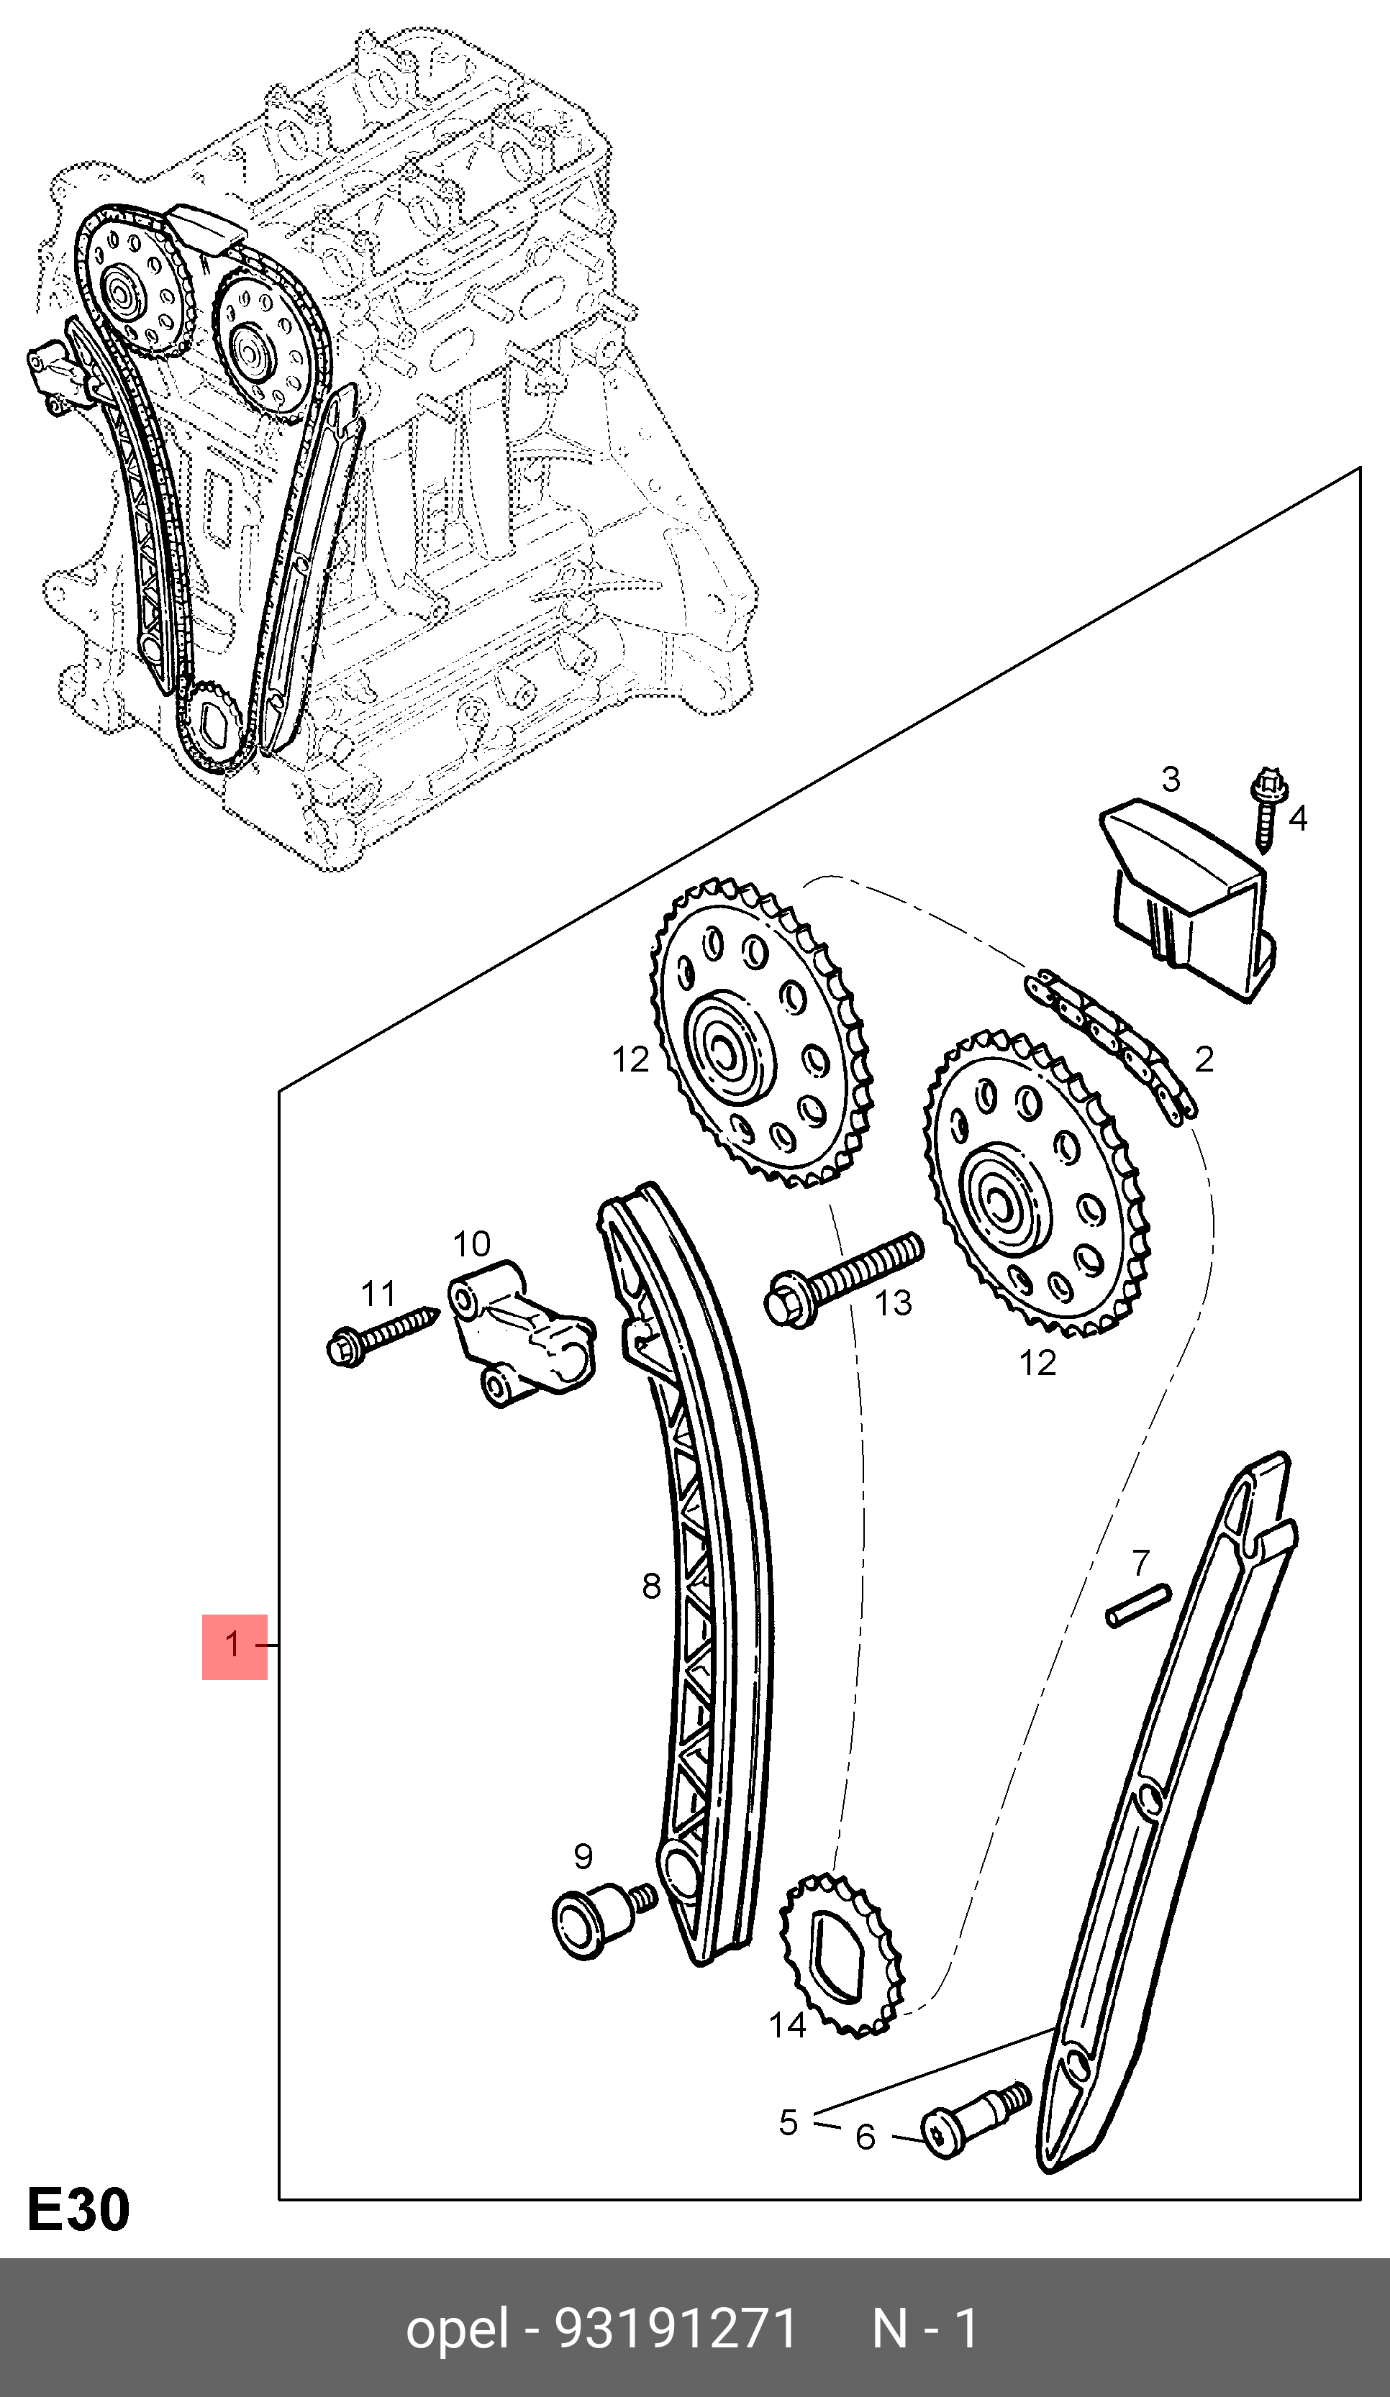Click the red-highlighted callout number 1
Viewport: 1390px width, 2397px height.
click(234, 1645)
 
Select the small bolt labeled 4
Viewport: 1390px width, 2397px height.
click(1268, 814)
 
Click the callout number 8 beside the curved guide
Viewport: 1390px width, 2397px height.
click(651, 1586)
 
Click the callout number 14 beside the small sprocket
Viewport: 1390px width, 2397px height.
click(787, 2024)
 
